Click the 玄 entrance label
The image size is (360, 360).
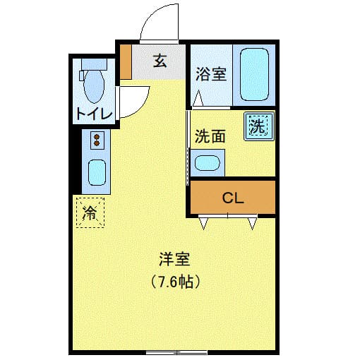tap(160, 61)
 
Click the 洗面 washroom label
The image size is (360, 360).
tap(210, 136)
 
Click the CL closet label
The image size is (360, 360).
tap(233, 198)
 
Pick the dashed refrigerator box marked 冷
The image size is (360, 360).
tap(90, 212)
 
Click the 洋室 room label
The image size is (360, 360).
tap(174, 260)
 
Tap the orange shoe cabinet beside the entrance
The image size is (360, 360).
tap(126, 62)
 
